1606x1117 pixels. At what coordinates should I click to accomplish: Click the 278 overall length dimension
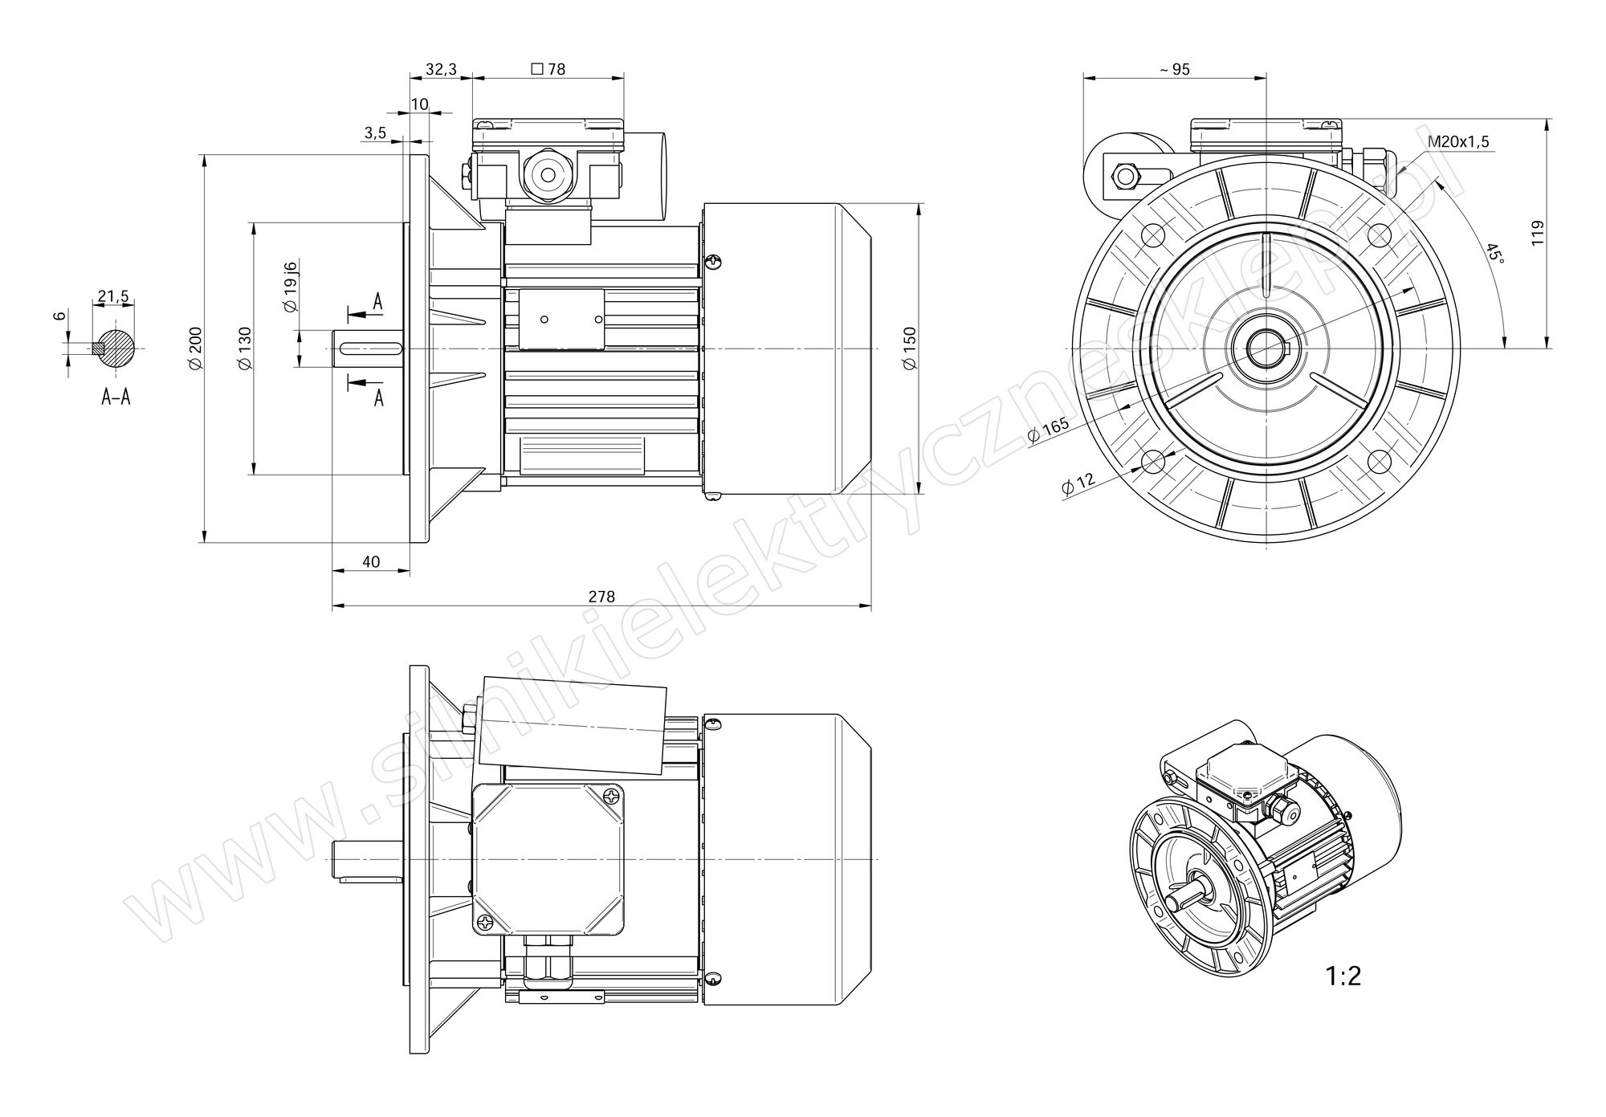click(601, 597)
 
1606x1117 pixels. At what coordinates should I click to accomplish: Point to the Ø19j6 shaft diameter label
click(291, 287)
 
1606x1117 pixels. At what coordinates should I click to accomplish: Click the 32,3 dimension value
click(441, 70)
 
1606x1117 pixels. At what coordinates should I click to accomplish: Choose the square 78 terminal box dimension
click(548, 70)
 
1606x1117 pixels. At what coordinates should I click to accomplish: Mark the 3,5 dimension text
click(375, 133)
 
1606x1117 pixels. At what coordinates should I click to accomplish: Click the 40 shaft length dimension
click(371, 562)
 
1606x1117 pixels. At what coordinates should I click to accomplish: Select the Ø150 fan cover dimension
click(910, 349)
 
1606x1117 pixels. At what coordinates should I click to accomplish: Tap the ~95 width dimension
click(1174, 70)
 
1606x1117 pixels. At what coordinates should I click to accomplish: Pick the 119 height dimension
click(1538, 233)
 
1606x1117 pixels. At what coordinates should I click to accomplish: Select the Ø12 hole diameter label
click(1078, 483)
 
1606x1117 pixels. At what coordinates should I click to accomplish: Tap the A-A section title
click(116, 397)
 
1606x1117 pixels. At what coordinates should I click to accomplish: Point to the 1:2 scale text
click(1343, 976)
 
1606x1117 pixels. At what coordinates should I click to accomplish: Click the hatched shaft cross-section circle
click(117, 349)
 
